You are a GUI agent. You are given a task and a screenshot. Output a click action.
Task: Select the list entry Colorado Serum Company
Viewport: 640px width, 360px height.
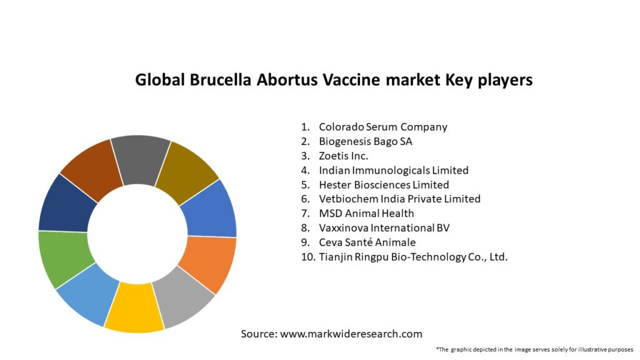(x=382, y=127)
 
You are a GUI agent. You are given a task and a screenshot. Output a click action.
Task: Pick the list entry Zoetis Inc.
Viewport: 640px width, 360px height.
(x=343, y=156)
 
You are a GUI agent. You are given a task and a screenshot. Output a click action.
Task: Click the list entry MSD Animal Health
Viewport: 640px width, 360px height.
(x=366, y=213)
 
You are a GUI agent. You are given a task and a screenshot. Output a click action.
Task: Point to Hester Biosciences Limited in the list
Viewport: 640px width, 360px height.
(x=384, y=184)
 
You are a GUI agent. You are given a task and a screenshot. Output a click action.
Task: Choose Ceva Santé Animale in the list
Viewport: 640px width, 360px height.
(x=367, y=242)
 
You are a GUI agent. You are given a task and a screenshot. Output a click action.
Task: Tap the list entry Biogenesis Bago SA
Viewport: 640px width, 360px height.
(x=365, y=141)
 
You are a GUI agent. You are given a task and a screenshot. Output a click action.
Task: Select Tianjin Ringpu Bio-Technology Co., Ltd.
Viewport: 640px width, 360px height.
(x=413, y=257)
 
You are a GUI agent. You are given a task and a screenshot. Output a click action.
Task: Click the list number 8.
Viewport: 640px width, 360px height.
(x=306, y=227)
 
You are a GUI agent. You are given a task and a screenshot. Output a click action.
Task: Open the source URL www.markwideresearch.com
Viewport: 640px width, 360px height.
(x=351, y=334)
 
